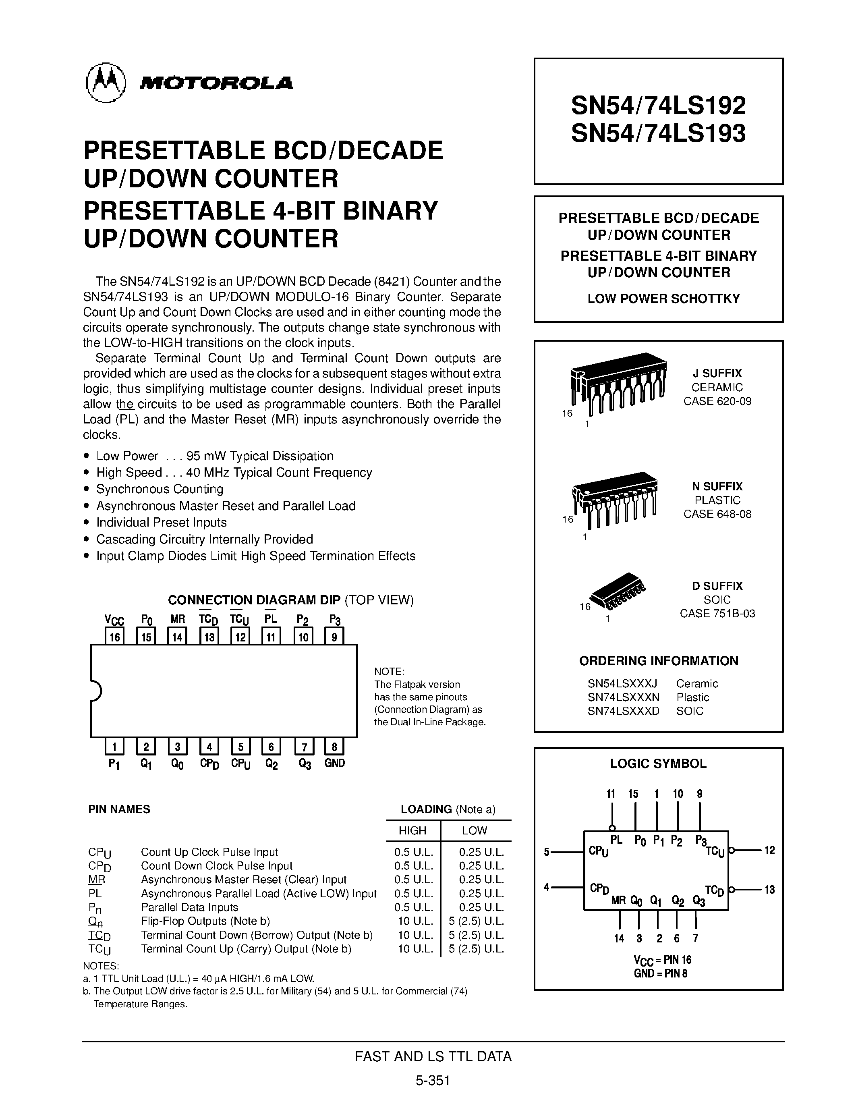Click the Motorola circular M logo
tap(106, 83)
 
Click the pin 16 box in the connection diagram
tap(115, 636)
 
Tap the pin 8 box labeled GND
tap(334, 747)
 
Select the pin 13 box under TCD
tap(209, 636)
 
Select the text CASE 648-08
tap(717, 514)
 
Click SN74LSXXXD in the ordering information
tap(623, 711)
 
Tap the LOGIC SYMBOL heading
tap(658, 764)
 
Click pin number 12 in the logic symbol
tap(769, 850)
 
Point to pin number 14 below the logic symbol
tap(619, 938)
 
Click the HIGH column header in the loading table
tap(412, 830)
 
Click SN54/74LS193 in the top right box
tap(658, 133)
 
